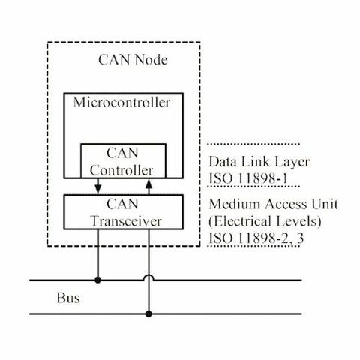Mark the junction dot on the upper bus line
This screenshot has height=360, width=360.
[98, 280]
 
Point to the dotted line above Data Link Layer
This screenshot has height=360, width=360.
[253, 143]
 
